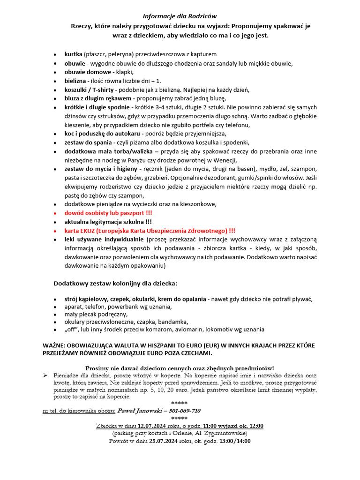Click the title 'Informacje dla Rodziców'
point(180,16)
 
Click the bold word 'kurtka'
point(74,54)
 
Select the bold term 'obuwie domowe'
point(88,72)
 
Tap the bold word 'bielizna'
point(75,81)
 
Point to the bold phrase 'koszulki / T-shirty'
point(90,90)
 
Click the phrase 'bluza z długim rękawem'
point(98,98)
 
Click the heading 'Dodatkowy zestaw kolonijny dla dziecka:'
point(115,284)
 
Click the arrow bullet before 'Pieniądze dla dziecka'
point(45,375)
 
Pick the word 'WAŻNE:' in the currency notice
point(55,345)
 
